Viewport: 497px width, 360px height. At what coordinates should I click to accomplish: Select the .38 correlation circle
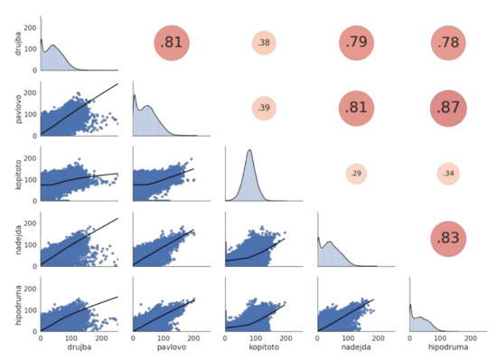pyautogui.click(x=263, y=43)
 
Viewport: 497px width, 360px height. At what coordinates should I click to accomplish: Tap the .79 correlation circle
pyautogui.click(x=355, y=43)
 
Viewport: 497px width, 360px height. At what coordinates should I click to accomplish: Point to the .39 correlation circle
pyautogui.click(x=263, y=109)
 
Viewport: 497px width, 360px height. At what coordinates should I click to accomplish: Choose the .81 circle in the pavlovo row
pyautogui.click(x=355, y=109)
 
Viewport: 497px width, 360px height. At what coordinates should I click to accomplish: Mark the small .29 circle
pyautogui.click(x=355, y=173)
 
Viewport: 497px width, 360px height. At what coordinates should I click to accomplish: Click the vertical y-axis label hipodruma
pyautogui.click(x=9, y=303)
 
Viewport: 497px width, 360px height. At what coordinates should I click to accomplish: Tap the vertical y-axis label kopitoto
pyautogui.click(x=9, y=174)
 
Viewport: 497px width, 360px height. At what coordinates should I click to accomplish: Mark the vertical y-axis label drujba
pyautogui.click(x=9, y=43)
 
